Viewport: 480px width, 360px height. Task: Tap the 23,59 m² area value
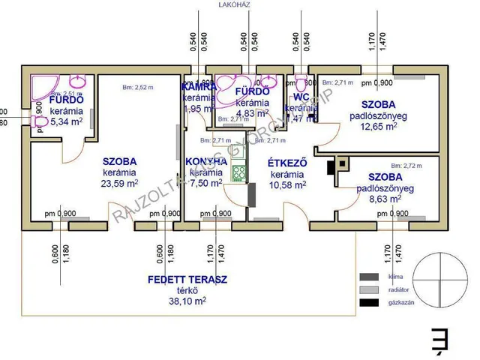(121, 182)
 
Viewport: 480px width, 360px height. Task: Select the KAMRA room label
(199, 87)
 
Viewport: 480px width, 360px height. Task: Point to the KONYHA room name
(203, 161)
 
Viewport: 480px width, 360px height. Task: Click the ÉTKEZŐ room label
(285, 161)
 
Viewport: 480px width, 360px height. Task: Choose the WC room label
(302, 97)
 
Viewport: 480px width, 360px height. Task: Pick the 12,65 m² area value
(380, 127)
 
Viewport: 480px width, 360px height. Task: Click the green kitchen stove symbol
(239, 174)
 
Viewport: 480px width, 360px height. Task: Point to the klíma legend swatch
(369, 277)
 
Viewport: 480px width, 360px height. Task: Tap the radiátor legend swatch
(369, 289)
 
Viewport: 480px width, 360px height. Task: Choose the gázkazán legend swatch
(369, 302)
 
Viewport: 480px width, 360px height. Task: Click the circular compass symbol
(439, 280)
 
